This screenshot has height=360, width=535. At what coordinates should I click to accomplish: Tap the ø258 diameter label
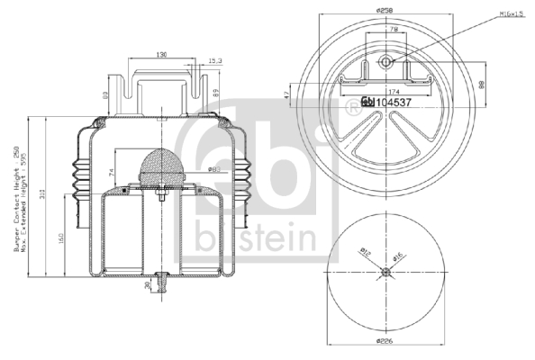click(x=387, y=10)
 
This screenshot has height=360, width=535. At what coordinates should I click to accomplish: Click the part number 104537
click(x=394, y=102)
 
